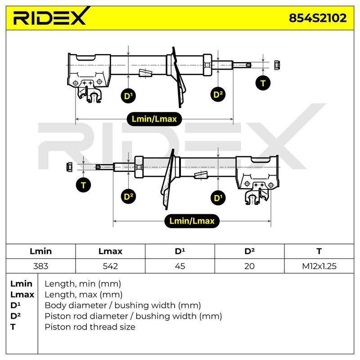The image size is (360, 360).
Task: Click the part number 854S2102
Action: (x=318, y=18)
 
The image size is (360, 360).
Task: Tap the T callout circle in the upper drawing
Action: (x=263, y=83)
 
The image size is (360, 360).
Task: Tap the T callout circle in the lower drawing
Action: (x=83, y=185)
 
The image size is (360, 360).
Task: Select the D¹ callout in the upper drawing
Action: (x=128, y=96)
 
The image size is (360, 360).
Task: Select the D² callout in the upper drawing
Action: (x=218, y=94)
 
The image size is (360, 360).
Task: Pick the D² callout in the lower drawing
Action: (x=128, y=197)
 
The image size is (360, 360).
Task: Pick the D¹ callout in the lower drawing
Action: (x=218, y=198)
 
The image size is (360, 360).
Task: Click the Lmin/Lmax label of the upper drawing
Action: (x=154, y=119)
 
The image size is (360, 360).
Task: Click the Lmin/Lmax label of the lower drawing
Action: (x=192, y=221)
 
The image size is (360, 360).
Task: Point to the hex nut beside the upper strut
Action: (x=277, y=65)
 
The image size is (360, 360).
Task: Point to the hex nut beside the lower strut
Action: (x=69, y=167)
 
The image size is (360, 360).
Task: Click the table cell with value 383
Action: (x=40, y=266)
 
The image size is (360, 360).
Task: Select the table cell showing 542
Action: (x=110, y=266)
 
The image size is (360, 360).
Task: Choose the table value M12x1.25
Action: (x=319, y=266)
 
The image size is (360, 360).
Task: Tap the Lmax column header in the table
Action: (x=110, y=251)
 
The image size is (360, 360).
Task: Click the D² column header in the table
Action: (x=250, y=251)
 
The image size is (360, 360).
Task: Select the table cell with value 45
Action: (x=180, y=266)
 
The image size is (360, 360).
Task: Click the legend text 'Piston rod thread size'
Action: (x=90, y=327)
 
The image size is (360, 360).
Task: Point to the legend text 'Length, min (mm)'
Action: (x=83, y=284)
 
